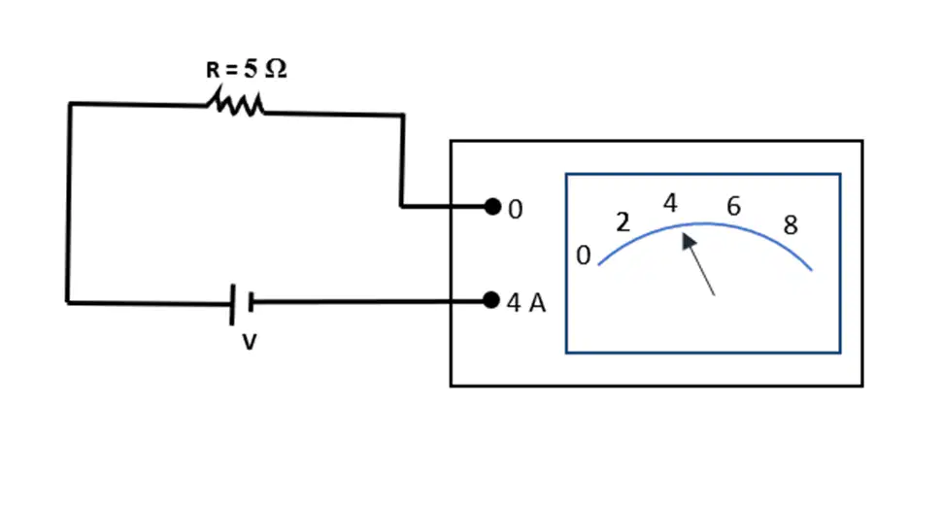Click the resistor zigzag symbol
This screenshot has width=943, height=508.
pos(236,102)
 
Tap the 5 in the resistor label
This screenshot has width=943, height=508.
pos(251,69)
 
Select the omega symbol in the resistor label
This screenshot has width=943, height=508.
pos(276,69)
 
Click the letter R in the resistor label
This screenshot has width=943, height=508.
pos(213,70)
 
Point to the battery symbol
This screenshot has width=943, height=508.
pos(241,304)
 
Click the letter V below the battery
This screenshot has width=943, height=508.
pos(250,342)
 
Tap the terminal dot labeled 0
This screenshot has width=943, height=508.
pos(492,207)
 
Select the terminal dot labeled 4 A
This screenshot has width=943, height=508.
pos(491,300)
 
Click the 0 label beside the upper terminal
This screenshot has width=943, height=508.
pos(516,210)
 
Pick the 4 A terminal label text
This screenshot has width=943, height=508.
pos(526,303)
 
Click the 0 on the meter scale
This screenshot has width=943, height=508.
pos(584,255)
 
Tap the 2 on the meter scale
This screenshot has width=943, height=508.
pos(623,222)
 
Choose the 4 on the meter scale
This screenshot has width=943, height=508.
pos(670,203)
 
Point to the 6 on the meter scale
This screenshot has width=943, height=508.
pos(733,206)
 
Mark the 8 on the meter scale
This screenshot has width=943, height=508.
pos(791,225)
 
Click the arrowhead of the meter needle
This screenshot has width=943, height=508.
pos(688,242)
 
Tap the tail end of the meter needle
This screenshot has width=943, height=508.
pos(715,295)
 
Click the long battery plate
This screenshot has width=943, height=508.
pos(232,305)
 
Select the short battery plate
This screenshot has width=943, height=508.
pos(251,302)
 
